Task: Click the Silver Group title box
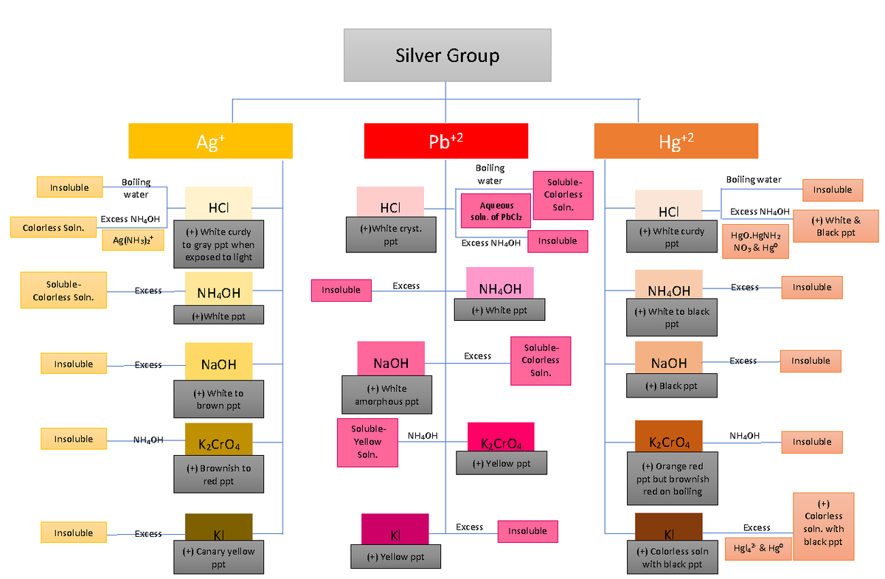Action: pyautogui.click(x=447, y=55)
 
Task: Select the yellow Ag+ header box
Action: pyautogui.click(x=210, y=141)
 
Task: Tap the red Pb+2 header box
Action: pyautogui.click(x=445, y=141)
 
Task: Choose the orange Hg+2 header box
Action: pyautogui.click(x=676, y=141)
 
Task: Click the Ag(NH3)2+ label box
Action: pyautogui.click(x=133, y=240)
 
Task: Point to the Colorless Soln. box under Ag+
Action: pyautogui.click(x=53, y=227)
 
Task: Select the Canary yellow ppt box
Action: pyautogui.click(x=218, y=558)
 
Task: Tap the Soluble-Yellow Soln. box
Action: pyautogui.click(x=367, y=442)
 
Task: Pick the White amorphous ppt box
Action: pyautogui.click(x=386, y=395)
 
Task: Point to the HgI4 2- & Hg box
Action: pyautogui.click(x=758, y=548)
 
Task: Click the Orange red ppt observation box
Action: pyautogui.click(x=671, y=479)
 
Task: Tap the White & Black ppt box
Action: pyautogui.click(x=836, y=226)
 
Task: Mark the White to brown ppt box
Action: pyautogui.click(x=218, y=399)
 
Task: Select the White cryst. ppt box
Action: pyautogui.click(x=390, y=235)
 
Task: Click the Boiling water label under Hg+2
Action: pyautogui.click(x=754, y=179)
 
